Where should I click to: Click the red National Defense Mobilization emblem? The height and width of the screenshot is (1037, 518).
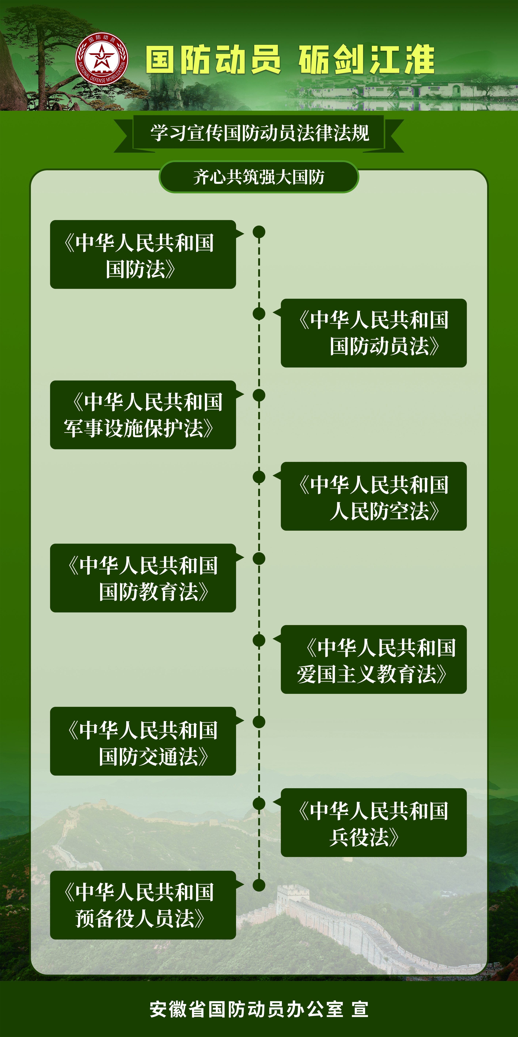click(102, 59)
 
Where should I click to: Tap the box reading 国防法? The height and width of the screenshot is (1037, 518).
click(143, 254)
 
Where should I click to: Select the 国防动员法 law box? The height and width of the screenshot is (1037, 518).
click(374, 333)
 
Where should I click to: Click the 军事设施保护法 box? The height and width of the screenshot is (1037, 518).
click(143, 415)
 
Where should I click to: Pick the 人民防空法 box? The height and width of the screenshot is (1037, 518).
click(374, 496)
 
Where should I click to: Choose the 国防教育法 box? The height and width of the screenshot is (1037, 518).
click(143, 578)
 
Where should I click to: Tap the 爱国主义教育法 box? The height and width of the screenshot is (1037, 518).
click(374, 659)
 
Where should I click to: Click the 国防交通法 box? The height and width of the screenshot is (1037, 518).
click(143, 741)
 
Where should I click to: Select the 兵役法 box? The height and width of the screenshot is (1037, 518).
click(374, 822)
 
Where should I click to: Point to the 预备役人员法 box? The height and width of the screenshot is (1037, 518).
click(143, 905)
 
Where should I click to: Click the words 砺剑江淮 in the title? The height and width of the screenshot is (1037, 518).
click(366, 60)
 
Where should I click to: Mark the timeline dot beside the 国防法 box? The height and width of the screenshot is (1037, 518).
click(259, 232)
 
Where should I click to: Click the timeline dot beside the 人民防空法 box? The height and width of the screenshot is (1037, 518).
click(259, 477)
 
